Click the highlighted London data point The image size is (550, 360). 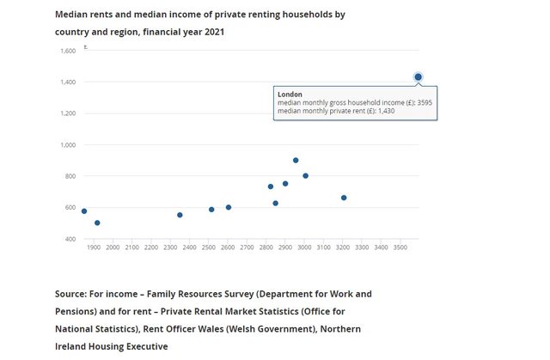418,77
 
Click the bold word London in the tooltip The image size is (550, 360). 290,95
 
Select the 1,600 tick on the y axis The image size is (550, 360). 68,51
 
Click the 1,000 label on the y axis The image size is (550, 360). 68,144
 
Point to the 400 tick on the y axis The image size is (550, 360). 70,239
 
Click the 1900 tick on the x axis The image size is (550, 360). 95,247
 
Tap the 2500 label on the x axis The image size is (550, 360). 209,247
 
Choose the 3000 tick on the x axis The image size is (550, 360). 304,247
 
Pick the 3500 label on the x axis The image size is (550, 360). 400,247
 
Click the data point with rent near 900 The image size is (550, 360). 296,161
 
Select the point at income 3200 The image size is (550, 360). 344,198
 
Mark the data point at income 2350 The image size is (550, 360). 180,215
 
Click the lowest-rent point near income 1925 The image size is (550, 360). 97,223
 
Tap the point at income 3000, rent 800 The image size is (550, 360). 305,176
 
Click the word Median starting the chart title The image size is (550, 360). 74,15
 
